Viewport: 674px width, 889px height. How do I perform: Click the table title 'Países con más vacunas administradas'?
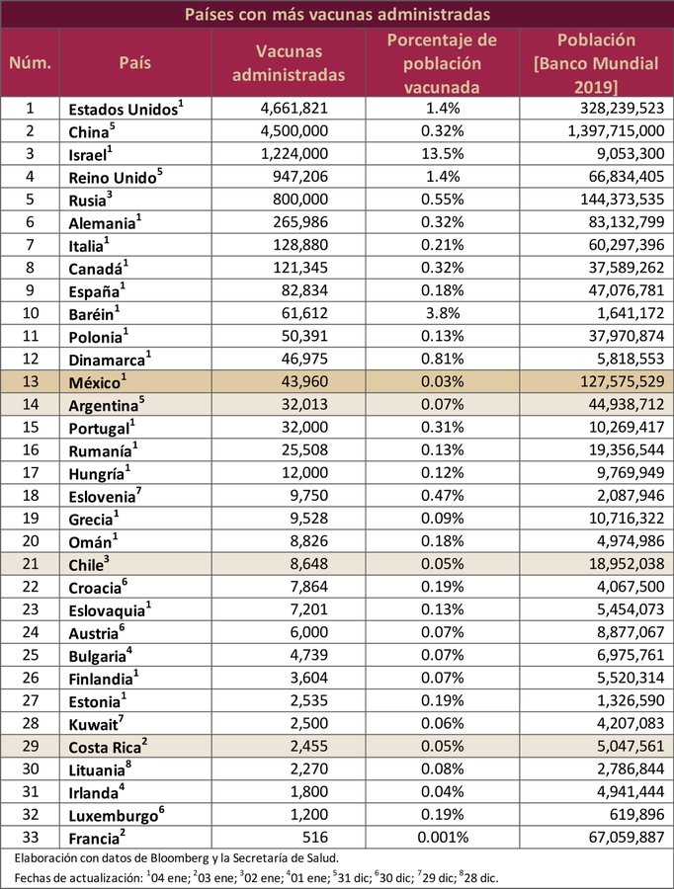pos(336,14)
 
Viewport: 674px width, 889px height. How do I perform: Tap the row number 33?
pos(30,836)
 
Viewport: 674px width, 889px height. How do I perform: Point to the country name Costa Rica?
pos(105,745)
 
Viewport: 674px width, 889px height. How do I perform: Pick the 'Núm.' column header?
pos(30,62)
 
